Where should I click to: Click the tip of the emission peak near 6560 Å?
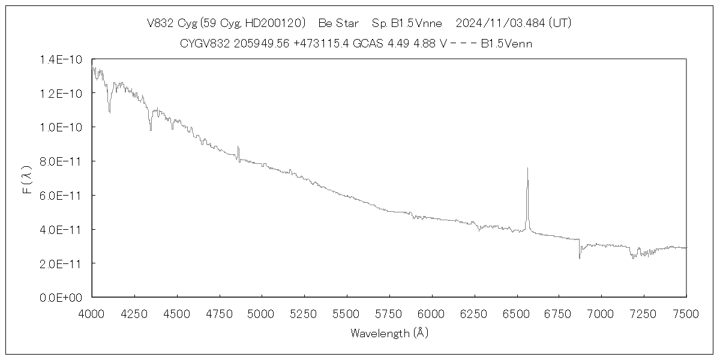click(x=527, y=168)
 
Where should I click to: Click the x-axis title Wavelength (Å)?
click(x=389, y=333)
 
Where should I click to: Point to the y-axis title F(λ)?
click(x=27, y=178)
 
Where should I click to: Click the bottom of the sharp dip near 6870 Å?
click(x=580, y=258)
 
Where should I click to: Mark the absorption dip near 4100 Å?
click(x=109, y=112)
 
